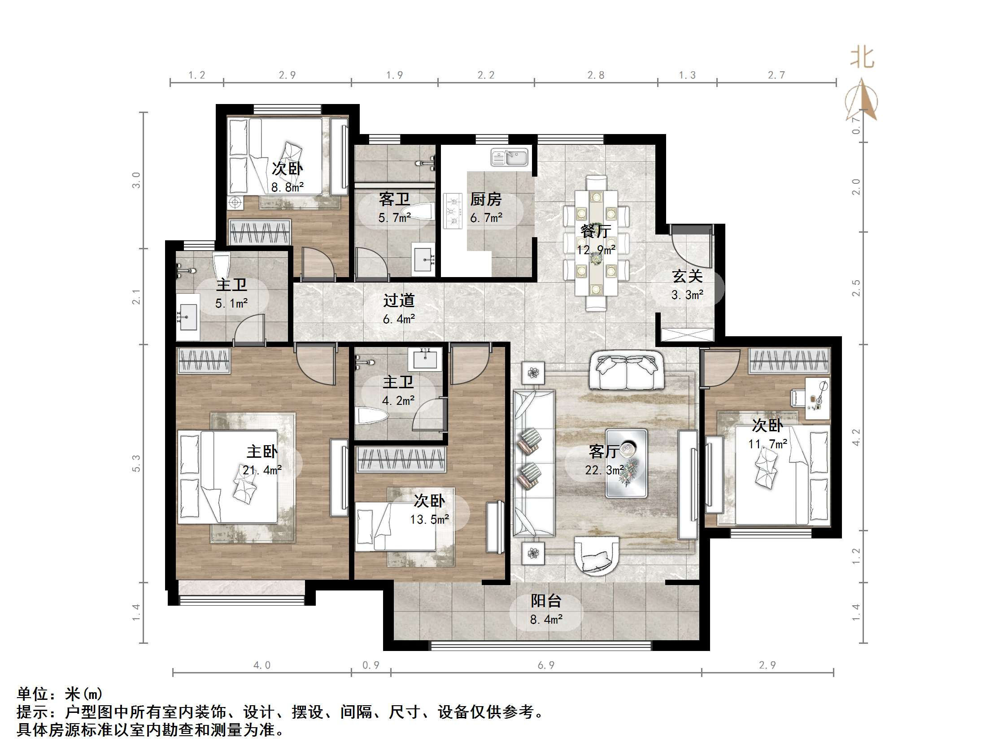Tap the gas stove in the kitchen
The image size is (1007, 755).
click(x=453, y=211)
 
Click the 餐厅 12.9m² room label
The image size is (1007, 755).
click(x=596, y=240)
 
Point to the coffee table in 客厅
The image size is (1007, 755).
click(x=626, y=463)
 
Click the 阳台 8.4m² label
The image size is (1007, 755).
click(x=546, y=610)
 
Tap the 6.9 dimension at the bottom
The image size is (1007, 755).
click(x=546, y=665)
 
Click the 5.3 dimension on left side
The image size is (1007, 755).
click(x=136, y=463)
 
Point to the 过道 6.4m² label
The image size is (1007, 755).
click(x=398, y=309)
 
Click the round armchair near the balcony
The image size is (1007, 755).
click(x=597, y=555)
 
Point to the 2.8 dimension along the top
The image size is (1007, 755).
click(x=596, y=75)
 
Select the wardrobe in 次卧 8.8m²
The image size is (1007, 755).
click(x=260, y=232)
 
